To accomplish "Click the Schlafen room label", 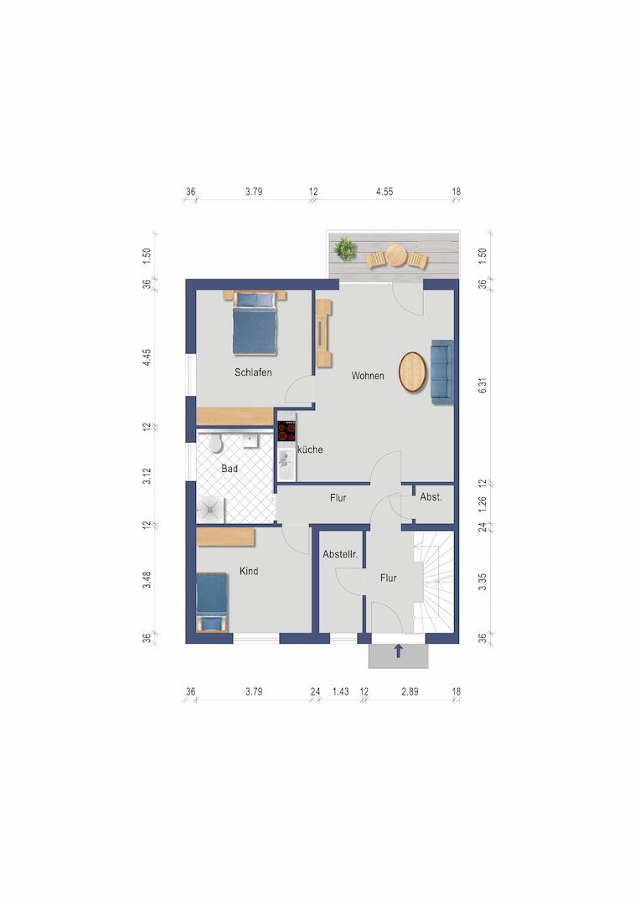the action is (x=253, y=372).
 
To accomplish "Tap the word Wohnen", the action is (x=368, y=376).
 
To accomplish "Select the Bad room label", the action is (x=229, y=469).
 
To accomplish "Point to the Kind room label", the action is (x=249, y=572).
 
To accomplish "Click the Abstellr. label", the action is (x=340, y=555).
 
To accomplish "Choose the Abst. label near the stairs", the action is (x=431, y=497).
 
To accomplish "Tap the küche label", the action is (x=310, y=449).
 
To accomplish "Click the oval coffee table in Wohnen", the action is (x=413, y=372).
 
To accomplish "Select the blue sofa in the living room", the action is (x=442, y=372).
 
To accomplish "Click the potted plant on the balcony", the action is (x=345, y=249).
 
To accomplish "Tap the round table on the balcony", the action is (x=396, y=255).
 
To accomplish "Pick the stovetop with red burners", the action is (x=286, y=431).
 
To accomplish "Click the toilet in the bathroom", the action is (x=215, y=444).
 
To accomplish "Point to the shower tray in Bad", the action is (x=210, y=510).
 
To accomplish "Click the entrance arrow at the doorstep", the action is (x=398, y=651).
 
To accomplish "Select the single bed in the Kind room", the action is (x=212, y=602).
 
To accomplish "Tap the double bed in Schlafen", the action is (x=255, y=323).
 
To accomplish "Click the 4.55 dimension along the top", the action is (x=385, y=192).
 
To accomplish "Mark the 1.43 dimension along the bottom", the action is (x=340, y=692).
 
